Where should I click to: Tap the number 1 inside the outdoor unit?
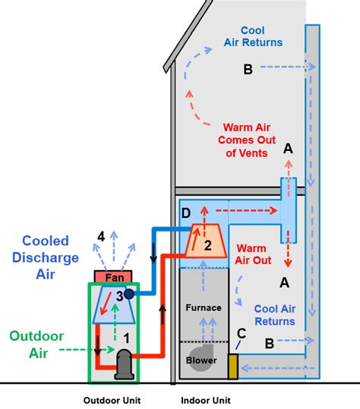tap(128, 331)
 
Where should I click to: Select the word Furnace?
tap(204, 307)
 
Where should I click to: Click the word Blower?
tap(201, 360)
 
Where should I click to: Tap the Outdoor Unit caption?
tap(111, 400)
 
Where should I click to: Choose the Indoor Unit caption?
tap(206, 400)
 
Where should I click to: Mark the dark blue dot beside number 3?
tap(129, 294)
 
